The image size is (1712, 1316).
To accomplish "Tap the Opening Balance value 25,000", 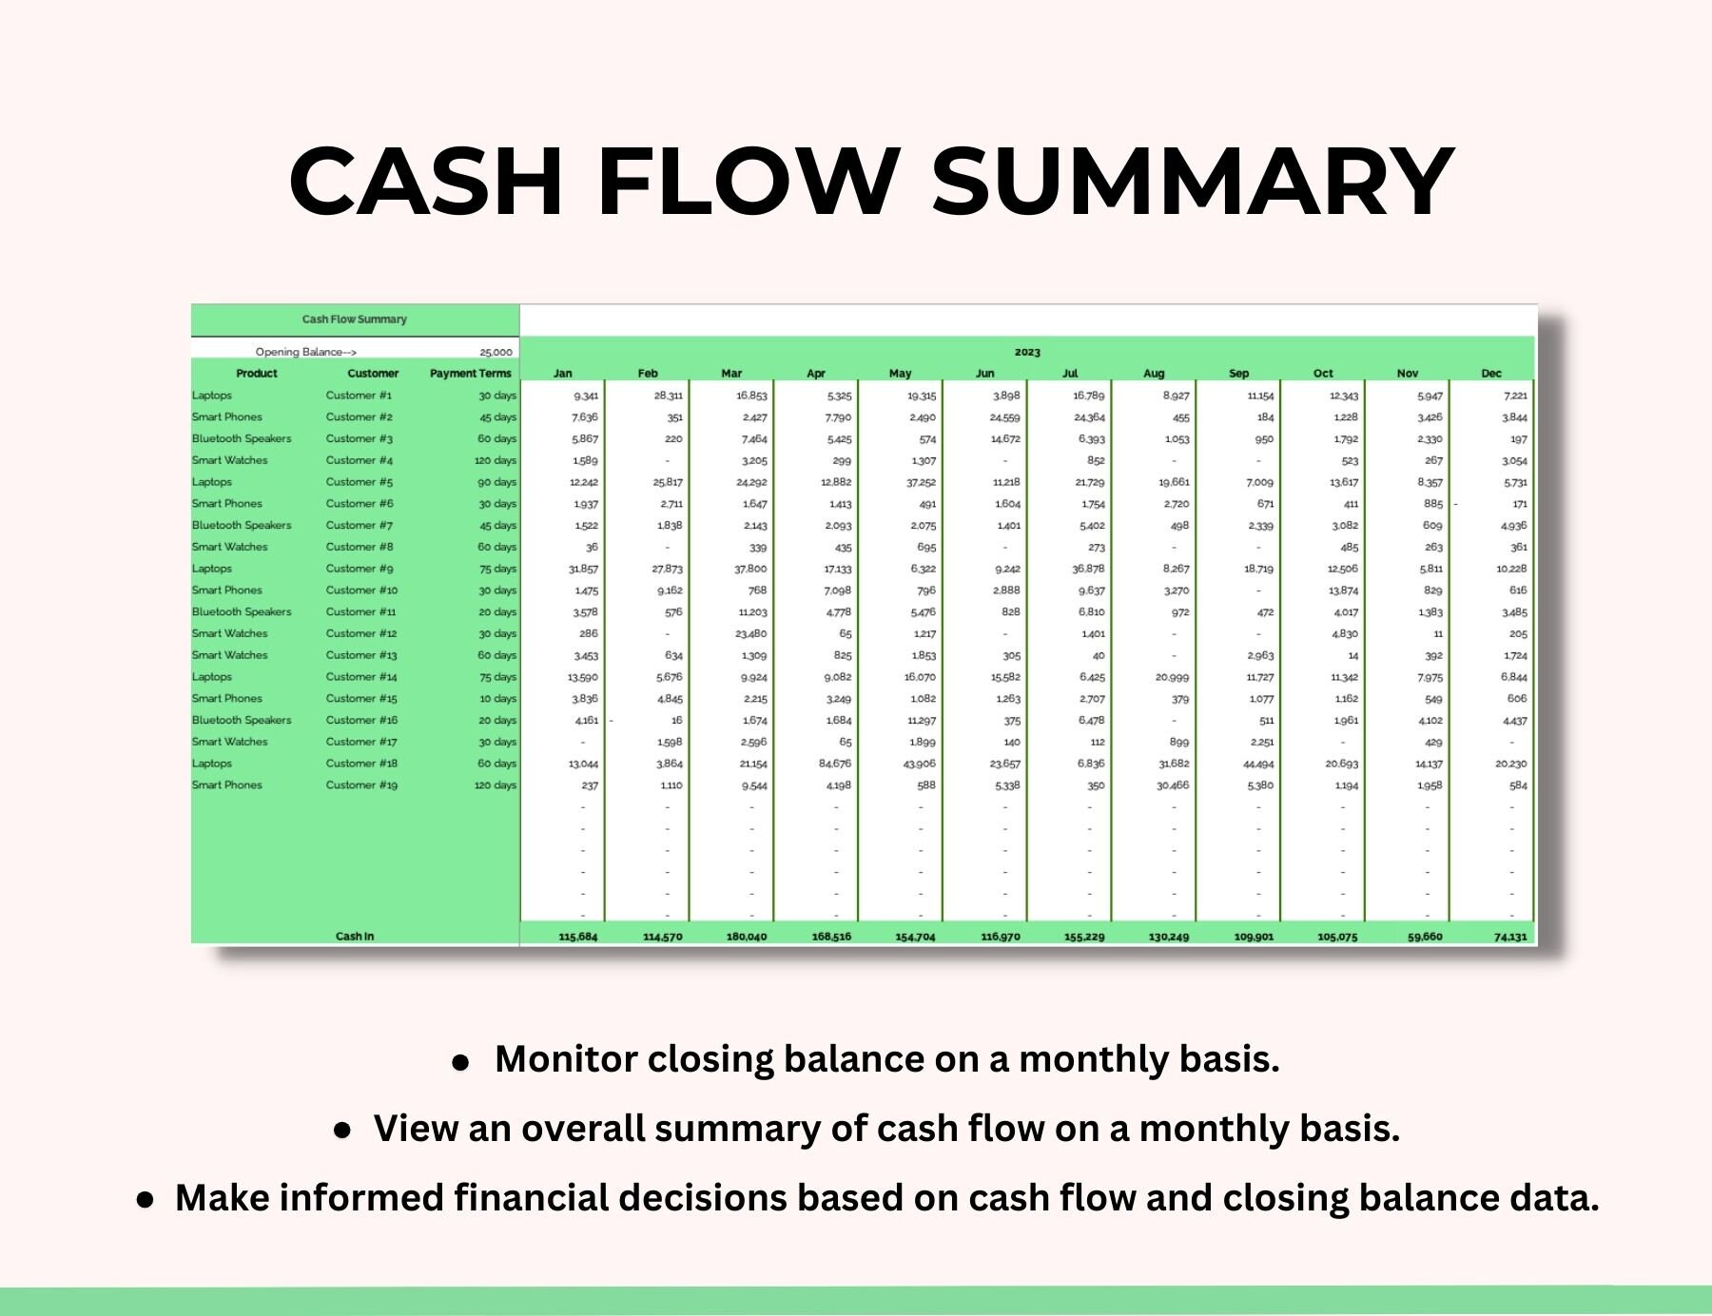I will [x=496, y=352].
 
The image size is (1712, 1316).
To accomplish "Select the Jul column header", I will [x=1070, y=374].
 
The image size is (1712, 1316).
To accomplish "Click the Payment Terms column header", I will [x=470, y=374].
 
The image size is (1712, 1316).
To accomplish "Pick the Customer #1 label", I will [x=359, y=396].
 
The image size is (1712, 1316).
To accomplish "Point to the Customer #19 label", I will [x=361, y=785].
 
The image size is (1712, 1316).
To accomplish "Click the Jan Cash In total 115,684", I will [x=578, y=937].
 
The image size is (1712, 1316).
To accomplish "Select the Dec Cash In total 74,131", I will [x=1509, y=937].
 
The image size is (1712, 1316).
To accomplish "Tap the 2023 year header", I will [x=1027, y=352].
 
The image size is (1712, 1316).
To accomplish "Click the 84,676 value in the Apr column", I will [x=834, y=764].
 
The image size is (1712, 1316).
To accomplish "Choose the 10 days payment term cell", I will [x=497, y=699].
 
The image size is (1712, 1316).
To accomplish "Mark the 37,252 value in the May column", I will [x=920, y=482].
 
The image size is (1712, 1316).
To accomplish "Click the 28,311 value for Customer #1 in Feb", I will [x=668, y=396].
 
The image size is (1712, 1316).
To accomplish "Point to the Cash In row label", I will [x=355, y=937].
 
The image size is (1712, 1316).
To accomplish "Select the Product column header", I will [x=257, y=374].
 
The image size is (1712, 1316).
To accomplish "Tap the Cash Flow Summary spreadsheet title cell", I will [x=355, y=319].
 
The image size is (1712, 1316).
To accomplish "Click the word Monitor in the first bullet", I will [x=565, y=1059].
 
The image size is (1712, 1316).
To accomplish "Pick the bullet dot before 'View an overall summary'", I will [x=342, y=1130].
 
